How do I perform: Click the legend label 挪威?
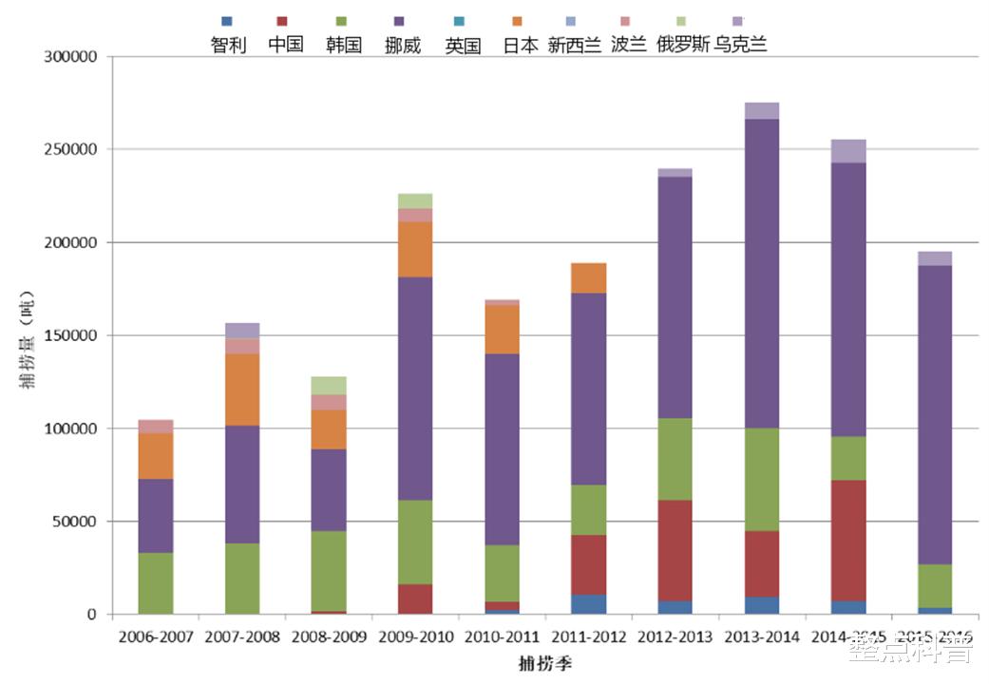point(403,45)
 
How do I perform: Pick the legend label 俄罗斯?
point(683,45)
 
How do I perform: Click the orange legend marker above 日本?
point(517,21)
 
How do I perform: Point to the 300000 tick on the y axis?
point(71,57)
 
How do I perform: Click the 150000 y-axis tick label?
point(71,335)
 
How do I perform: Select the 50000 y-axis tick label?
point(76,522)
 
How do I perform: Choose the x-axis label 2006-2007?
point(156,636)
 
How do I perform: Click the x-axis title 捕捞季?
point(544,661)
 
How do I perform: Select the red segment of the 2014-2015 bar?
point(847,541)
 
